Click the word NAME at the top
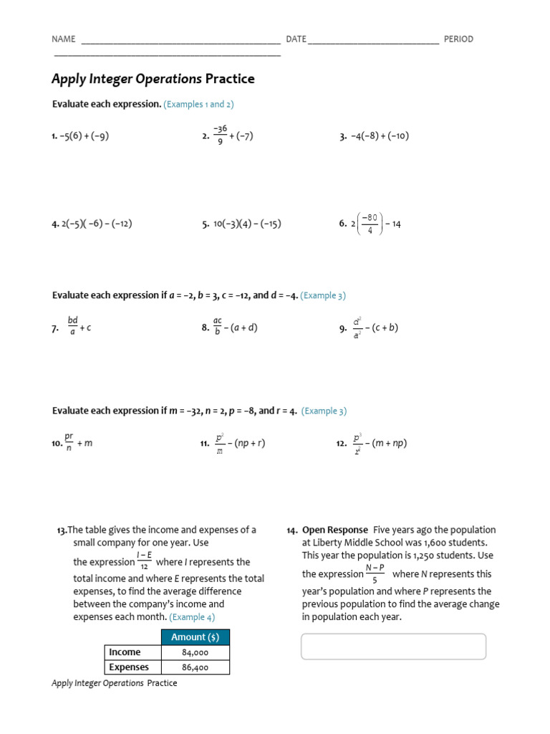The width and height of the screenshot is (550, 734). (x=64, y=39)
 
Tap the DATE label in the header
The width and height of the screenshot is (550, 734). (x=296, y=39)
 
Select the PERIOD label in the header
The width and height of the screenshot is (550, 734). (x=458, y=39)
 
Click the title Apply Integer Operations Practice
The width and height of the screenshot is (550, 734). (x=153, y=79)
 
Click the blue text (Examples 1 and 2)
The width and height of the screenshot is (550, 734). (x=198, y=105)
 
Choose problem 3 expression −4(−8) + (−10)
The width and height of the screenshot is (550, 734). (x=379, y=136)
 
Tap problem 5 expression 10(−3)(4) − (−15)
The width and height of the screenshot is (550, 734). (x=247, y=224)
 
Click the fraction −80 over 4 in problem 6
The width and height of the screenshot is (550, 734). (x=370, y=224)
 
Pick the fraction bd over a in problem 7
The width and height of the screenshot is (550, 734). (x=72, y=328)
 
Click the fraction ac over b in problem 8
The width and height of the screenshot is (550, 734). (x=217, y=328)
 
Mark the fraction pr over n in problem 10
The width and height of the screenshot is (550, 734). (x=69, y=443)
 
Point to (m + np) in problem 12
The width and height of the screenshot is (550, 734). (x=390, y=443)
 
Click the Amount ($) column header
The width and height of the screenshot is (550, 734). (x=196, y=637)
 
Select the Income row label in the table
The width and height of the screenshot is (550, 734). (x=125, y=652)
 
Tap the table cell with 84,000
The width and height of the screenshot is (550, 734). (x=196, y=652)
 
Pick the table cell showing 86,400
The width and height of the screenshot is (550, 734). (x=196, y=667)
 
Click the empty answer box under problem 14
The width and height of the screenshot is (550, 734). (x=393, y=646)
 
